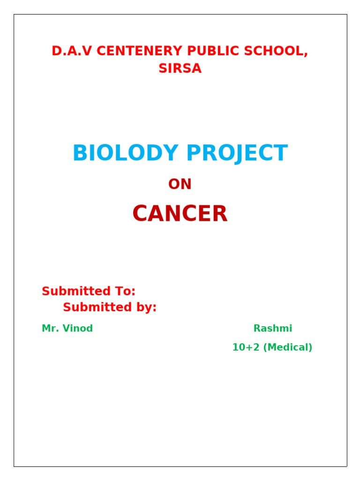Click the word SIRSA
pyautogui.click(x=180, y=68)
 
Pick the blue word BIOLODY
pyautogui.click(x=126, y=153)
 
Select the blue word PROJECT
pyautogui.click(x=237, y=153)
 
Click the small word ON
pyautogui.click(x=180, y=184)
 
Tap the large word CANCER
pyautogui.click(x=180, y=214)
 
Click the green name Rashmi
pyautogui.click(x=273, y=329)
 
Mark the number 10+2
pyautogui.click(x=244, y=347)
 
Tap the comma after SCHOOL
pyautogui.click(x=307, y=54)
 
